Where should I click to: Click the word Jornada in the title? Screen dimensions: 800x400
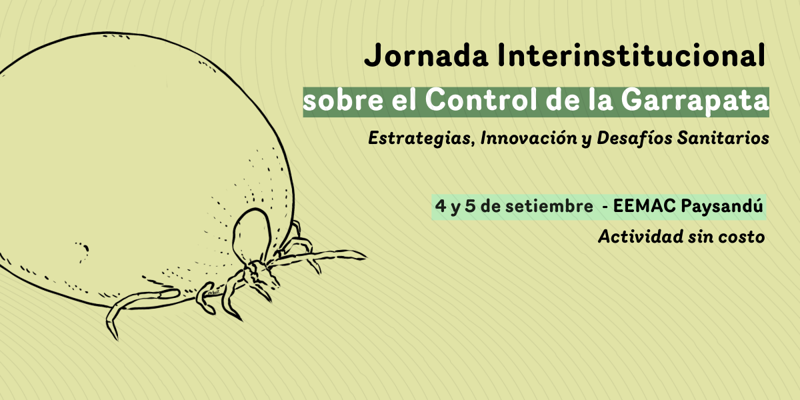426,55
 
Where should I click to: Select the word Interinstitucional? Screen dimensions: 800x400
631,55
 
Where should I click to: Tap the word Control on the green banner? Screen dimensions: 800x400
481,100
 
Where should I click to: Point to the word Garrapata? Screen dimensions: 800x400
695,101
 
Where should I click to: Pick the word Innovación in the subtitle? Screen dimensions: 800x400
529,138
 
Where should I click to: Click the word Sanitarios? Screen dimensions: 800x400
723,138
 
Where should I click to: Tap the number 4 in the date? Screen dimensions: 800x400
441,206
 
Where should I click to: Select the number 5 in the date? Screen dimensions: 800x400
470,206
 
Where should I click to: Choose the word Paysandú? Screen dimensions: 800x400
722,207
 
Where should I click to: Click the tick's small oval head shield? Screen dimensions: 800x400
252,234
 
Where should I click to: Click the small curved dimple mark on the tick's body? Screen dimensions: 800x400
85,249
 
